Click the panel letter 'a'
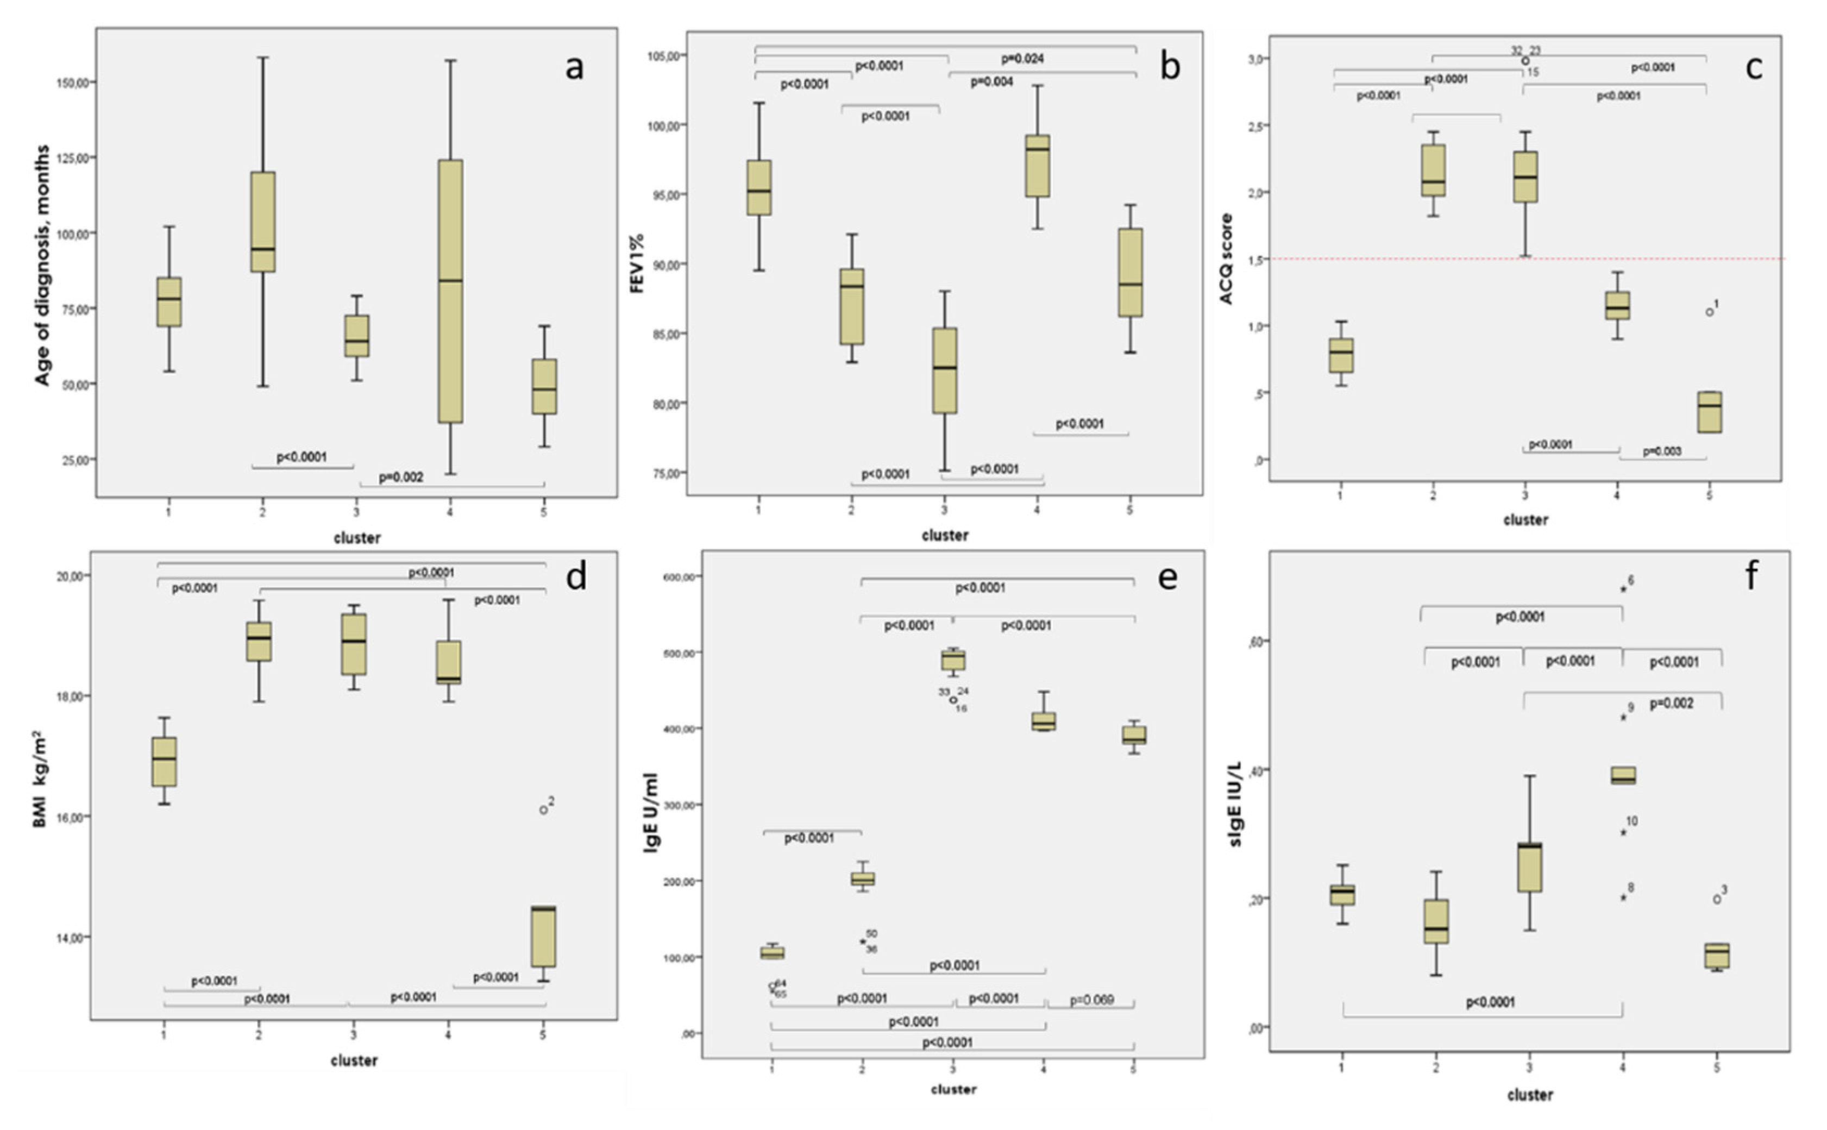coord(573,68)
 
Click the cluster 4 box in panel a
coord(450,292)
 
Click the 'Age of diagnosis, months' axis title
coord(43,265)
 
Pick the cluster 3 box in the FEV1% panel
coord(945,371)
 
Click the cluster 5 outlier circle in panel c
coord(1709,312)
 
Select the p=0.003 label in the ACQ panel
coord(1662,452)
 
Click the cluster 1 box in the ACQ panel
coord(1341,355)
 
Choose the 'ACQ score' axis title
coord(1226,259)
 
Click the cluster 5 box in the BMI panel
coord(543,937)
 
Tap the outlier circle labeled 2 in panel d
coord(543,810)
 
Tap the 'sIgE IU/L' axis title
coord(1234,804)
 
